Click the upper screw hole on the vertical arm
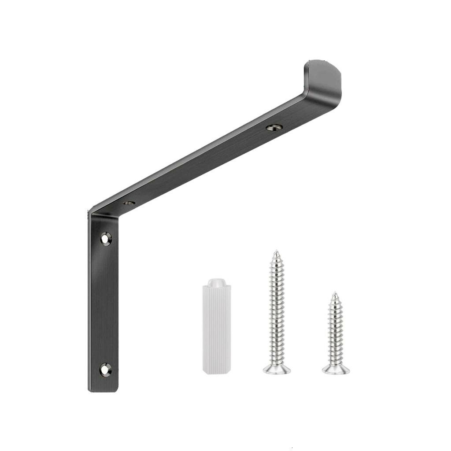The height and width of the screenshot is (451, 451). coord(106,239)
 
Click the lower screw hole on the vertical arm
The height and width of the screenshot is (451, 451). coord(105,369)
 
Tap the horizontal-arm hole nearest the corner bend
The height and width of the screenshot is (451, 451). coord(129,203)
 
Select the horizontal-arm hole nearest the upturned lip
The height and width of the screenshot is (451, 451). coord(274,127)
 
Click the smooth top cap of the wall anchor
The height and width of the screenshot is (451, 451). coord(216,282)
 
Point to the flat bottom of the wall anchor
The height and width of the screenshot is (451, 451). coord(216,372)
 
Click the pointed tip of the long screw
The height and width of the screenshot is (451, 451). coord(276,252)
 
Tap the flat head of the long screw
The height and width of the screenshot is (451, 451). coord(277,369)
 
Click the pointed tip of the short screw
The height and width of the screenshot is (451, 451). coord(335,293)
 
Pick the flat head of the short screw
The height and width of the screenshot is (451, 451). coord(336,370)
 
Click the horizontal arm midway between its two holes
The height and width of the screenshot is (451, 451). coord(202,165)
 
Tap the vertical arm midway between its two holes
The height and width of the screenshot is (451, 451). coord(105,304)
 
